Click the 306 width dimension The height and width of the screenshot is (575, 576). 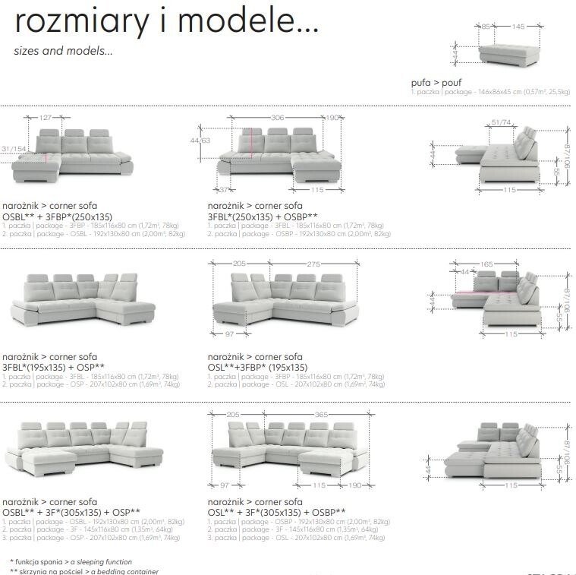(x=278, y=118)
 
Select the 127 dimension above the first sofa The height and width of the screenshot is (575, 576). (x=46, y=118)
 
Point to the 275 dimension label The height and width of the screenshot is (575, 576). (x=314, y=264)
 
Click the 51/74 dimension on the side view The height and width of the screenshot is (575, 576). (x=501, y=122)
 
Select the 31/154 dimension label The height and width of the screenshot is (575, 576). (x=13, y=148)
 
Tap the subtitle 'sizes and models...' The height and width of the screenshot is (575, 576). (x=63, y=52)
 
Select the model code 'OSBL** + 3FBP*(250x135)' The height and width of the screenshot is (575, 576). (x=57, y=216)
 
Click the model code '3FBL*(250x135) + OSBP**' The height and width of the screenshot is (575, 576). (x=262, y=216)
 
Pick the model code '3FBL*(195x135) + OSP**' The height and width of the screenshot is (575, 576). (x=54, y=367)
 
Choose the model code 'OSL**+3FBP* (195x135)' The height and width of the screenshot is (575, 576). (x=258, y=367)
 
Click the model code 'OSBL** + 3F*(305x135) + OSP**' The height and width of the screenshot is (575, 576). (x=71, y=512)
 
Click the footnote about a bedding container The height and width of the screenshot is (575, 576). (x=83, y=570)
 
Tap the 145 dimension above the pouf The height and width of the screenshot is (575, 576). (x=518, y=27)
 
